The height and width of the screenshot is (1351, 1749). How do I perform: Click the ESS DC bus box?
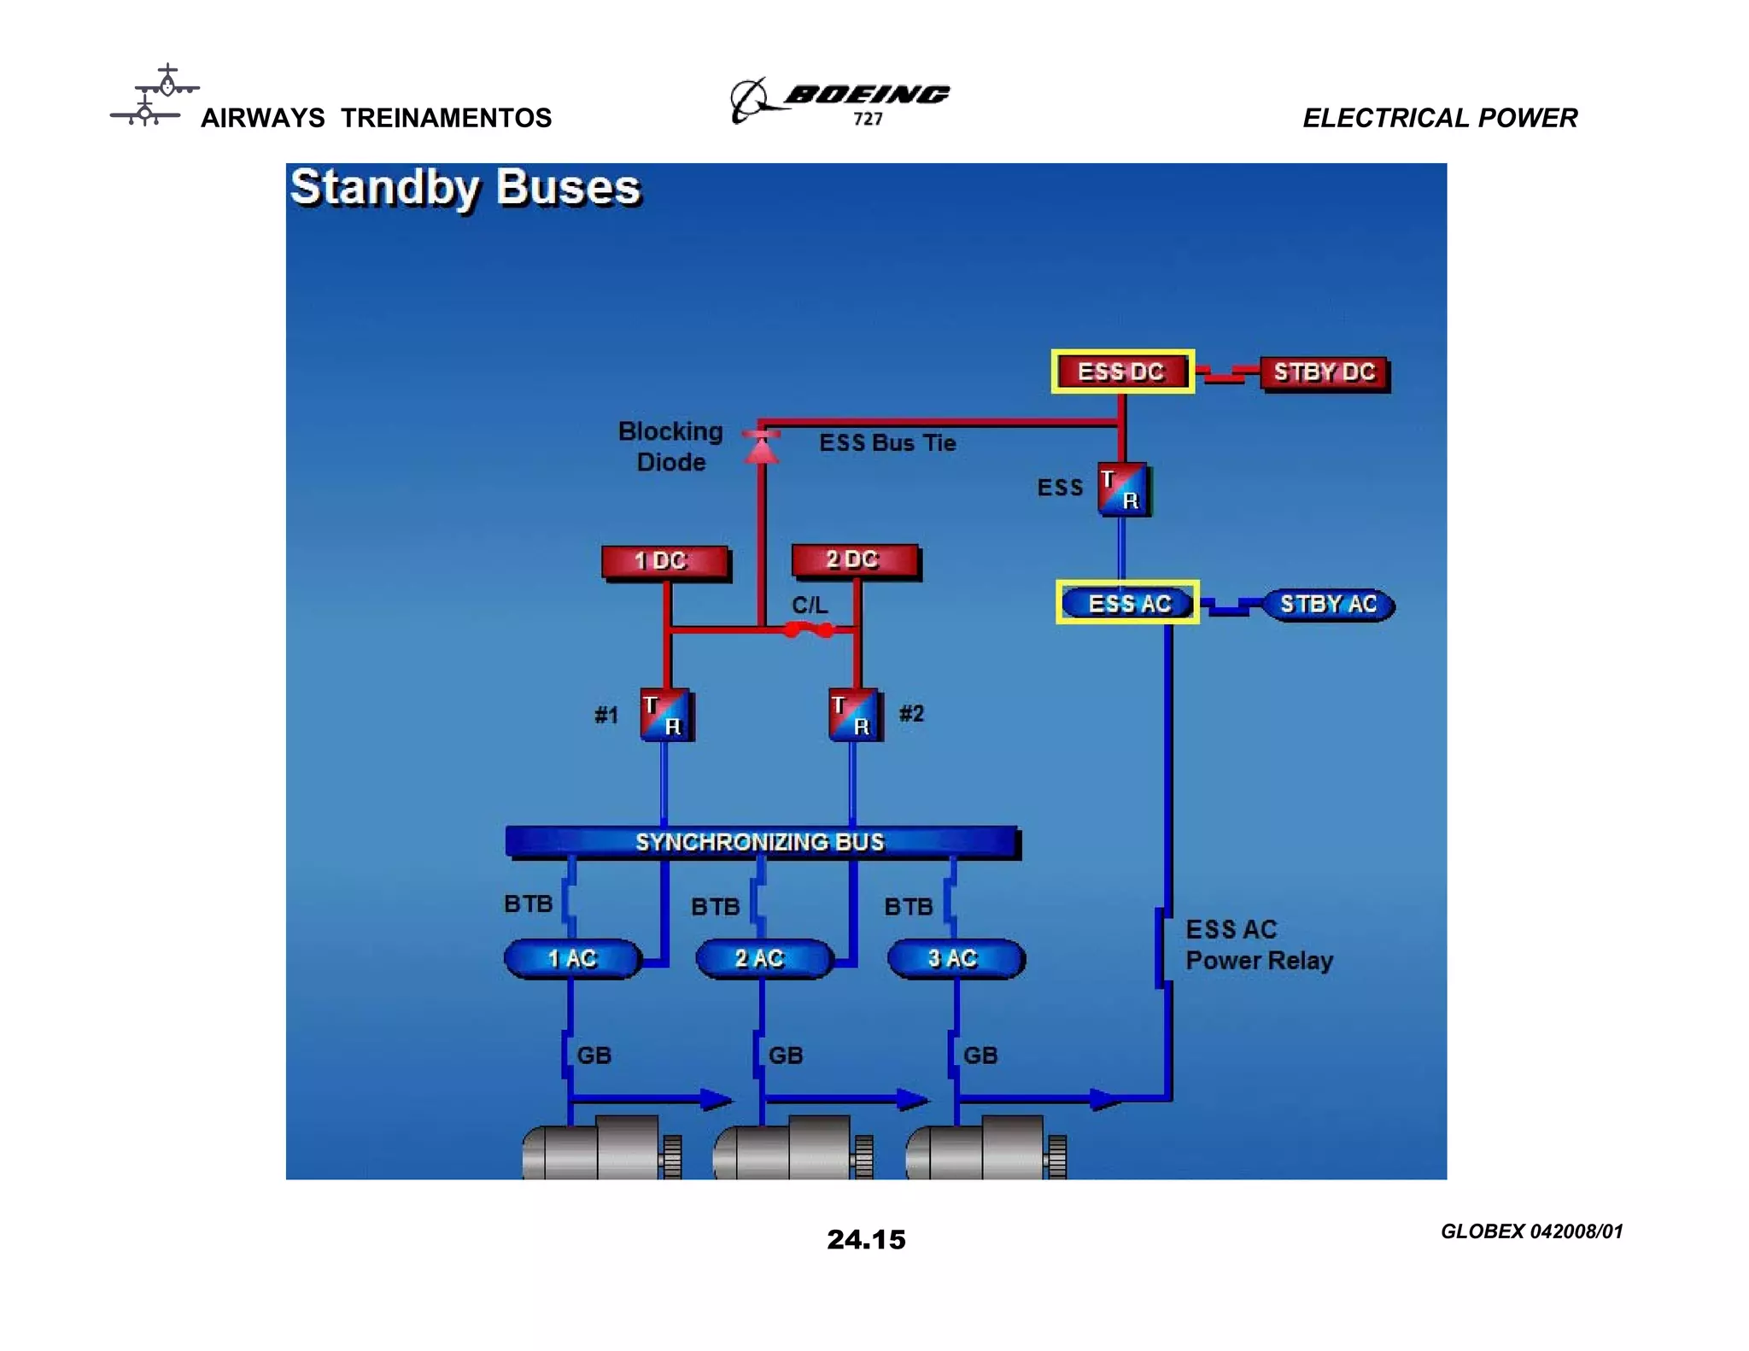pyautogui.click(x=1121, y=371)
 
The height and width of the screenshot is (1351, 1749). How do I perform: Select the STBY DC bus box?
pyautogui.click(x=1324, y=372)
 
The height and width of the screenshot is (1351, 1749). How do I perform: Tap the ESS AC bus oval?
pyautogui.click(x=1128, y=603)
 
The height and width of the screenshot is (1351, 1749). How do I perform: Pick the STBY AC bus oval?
pyautogui.click(x=1328, y=605)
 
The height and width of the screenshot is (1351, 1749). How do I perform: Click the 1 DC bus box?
pyautogui.click(x=664, y=561)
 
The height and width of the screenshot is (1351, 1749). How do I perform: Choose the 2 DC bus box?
pyautogui.click(x=854, y=559)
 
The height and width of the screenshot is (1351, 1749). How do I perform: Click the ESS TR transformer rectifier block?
pyautogui.click(x=1122, y=489)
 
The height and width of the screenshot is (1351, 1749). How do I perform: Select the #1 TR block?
pyautogui.click(x=665, y=714)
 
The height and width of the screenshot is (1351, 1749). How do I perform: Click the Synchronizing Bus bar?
pyautogui.click(x=760, y=841)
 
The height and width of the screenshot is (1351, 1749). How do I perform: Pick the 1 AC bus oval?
pyautogui.click(x=572, y=958)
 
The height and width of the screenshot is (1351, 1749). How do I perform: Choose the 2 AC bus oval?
pyautogui.click(x=762, y=958)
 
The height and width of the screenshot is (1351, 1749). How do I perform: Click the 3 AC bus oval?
pyautogui.click(x=955, y=958)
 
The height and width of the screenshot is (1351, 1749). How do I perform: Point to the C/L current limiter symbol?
pyautogui.click(x=809, y=629)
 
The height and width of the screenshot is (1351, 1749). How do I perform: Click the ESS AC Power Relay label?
pyautogui.click(x=1259, y=945)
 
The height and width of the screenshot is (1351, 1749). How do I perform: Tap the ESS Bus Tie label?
pyautogui.click(x=887, y=442)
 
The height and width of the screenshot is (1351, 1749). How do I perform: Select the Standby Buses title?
pyautogui.click(x=465, y=187)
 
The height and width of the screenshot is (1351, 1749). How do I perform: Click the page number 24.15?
pyautogui.click(x=866, y=1239)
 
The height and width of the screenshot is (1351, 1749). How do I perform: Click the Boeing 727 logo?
pyautogui.click(x=841, y=100)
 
